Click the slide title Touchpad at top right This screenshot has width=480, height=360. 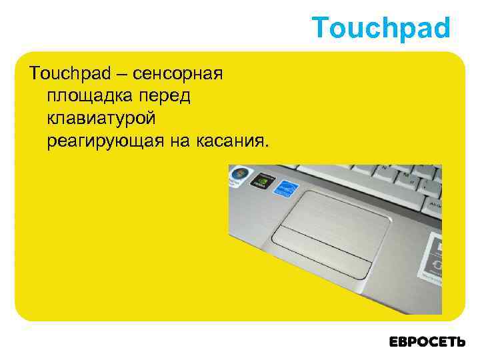pyautogui.click(x=381, y=28)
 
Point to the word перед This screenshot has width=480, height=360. pyautogui.click(x=165, y=95)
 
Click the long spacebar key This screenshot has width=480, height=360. pyautogui.click(x=347, y=175)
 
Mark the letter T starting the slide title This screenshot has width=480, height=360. pyautogui.click(x=319, y=28)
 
